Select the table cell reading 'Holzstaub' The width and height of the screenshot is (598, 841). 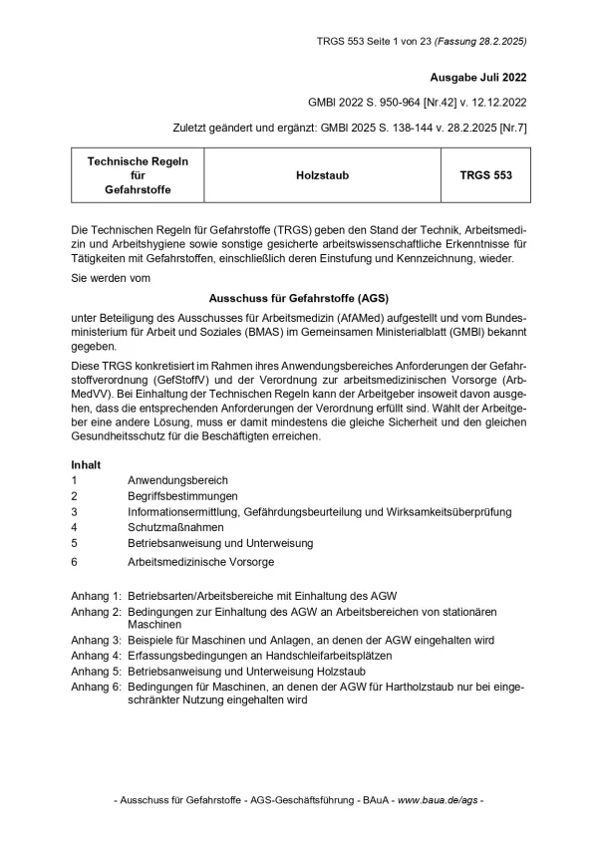[x=323, y=174]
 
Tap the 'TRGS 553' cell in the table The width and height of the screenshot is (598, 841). [x=485, y=174]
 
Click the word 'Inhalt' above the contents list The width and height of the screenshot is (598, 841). [x=87, y=464]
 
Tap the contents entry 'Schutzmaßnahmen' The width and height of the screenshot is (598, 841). [x=175, y=527]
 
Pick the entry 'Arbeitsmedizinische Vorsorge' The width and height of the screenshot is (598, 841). [x=200, y=562]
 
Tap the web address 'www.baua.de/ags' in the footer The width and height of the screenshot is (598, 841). [x=438, y=801]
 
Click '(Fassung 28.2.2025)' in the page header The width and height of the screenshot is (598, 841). [x=478, y=42]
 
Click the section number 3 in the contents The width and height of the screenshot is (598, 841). [x=75, y=511]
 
